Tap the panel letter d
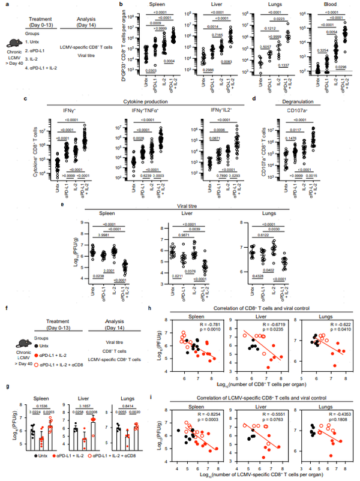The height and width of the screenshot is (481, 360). pos(254,99)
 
